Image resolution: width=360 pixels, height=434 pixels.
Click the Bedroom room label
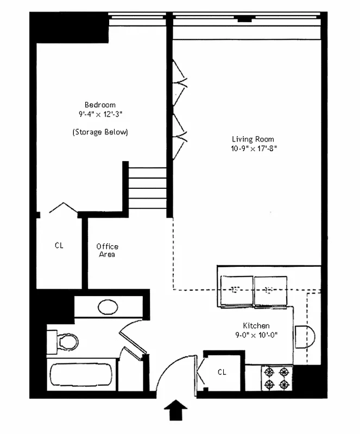[x=100, y=105]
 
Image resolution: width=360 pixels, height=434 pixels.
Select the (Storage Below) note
[x=100, y=132]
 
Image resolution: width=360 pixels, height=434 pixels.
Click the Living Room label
[x=253, y=139]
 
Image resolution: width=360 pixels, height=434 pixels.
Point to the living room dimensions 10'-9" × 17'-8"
[x=253, y=149]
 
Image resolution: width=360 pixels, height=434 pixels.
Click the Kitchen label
[x=256, y=325]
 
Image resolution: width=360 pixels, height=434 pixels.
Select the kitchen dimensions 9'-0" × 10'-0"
[x=256, y=335]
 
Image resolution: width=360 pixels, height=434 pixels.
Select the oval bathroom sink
[x=108, y=308]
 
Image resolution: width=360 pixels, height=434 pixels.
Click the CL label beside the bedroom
[x=59, y=245]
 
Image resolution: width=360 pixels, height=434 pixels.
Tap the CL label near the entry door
[x=222, y=372]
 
